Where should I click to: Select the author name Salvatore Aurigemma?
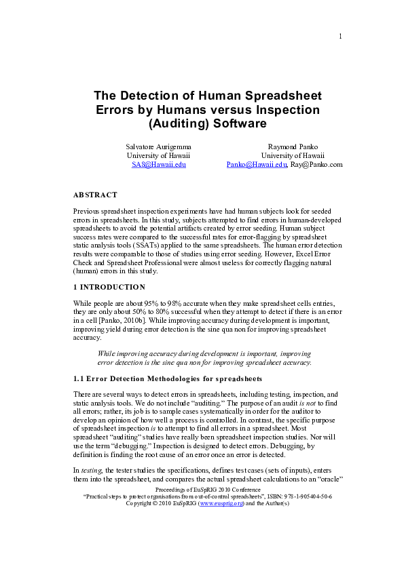pos(158,146)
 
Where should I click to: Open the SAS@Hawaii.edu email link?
pos(158,164)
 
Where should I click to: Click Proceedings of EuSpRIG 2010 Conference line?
pos(202,488)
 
